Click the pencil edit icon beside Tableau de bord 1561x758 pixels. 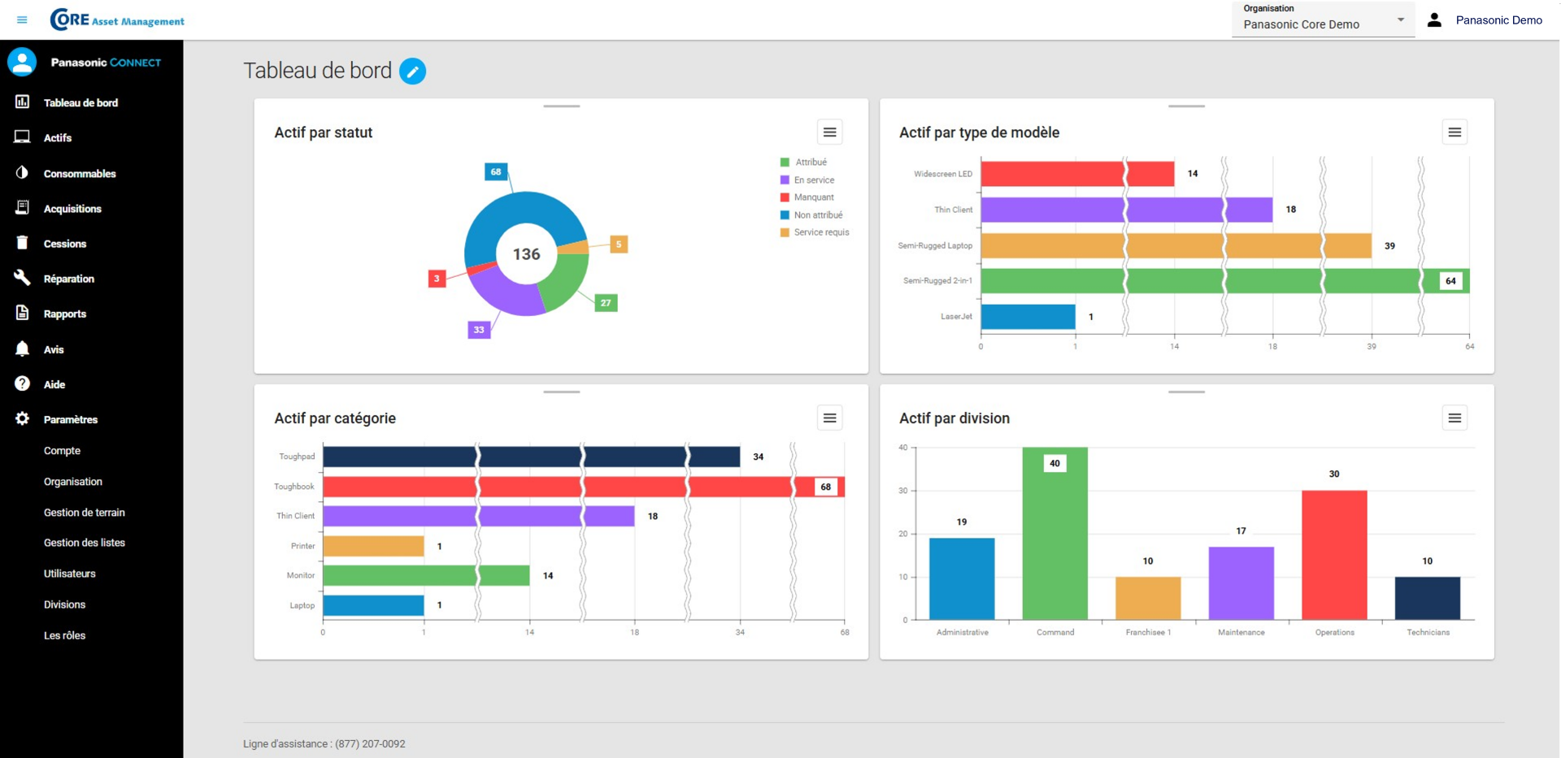coord(412,71)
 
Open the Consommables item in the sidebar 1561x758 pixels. coord(79,173)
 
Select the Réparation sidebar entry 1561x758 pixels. coord(68,279)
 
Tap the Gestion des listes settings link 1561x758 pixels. coord(84,543)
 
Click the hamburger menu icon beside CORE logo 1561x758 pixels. coord(22,19)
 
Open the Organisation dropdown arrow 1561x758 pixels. coord(1400,19)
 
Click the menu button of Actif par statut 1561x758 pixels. coord(829,132)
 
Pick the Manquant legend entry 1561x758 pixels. coord(813,197)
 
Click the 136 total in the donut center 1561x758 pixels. coord(526,254)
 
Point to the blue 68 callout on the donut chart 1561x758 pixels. coord(496,171)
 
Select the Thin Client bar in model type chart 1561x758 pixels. coord(1126,210)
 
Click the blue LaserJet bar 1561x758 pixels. coord(1028,317)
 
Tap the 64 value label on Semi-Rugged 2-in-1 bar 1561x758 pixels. coord(1450,281)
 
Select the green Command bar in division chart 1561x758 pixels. coord(1054,544)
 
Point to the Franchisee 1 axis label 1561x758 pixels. coord(1148,632)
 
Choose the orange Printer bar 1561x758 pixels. coord(373,546)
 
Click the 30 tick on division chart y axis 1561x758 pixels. coord(902,491)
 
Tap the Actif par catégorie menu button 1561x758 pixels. coord(829,418)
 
